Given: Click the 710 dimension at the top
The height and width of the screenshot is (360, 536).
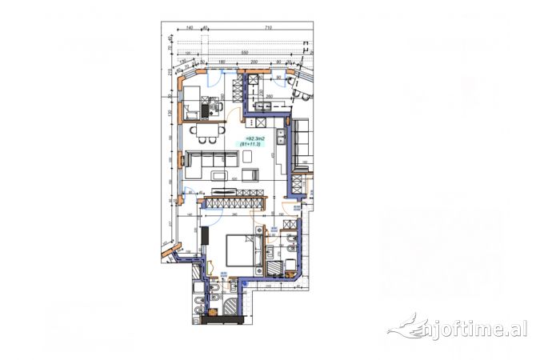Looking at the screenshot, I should coord(269,28).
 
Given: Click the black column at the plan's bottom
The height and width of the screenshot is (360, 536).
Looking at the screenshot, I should coord(220,320).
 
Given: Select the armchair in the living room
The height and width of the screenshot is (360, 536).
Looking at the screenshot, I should coord(246,172).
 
